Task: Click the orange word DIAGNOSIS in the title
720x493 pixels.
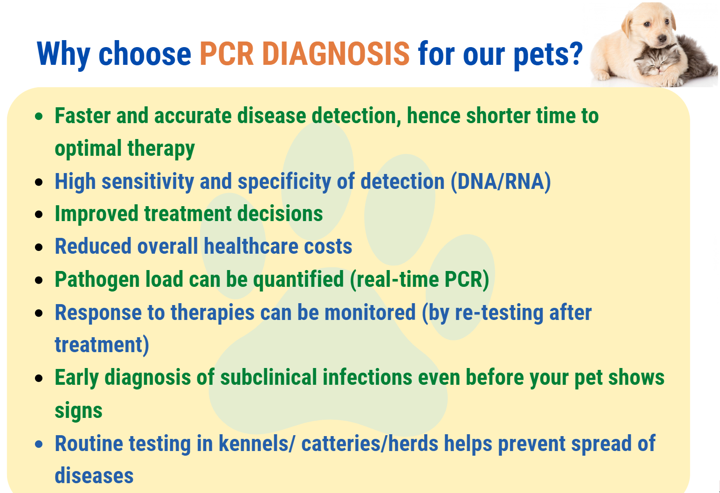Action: pos(336,54)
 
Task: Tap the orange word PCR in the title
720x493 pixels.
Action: pos(227,54)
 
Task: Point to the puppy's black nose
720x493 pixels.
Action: pos(662,39)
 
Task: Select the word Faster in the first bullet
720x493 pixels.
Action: pos(83,116)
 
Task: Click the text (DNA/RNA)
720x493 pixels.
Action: pos(501,181)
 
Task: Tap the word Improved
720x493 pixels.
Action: pos(97,214)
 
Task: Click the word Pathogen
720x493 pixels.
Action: pos(97,280)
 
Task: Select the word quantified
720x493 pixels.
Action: pos(298,280)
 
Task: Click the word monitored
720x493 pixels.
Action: pos(370,312)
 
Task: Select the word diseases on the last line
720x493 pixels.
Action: pos(94,476)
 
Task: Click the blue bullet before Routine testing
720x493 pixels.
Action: pos(39,444)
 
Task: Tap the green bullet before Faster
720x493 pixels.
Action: pos(39,117)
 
